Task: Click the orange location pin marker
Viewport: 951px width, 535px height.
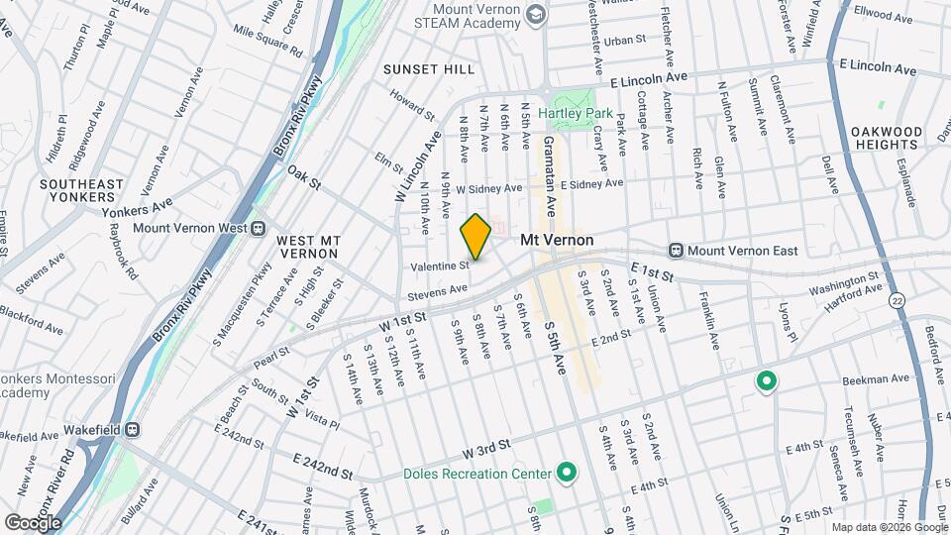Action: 476,237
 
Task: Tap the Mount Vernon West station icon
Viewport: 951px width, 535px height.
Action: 258,228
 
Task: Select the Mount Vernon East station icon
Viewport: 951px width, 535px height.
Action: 677,251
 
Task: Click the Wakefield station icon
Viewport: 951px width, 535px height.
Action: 133,430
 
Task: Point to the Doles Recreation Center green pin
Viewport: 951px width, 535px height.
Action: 567,473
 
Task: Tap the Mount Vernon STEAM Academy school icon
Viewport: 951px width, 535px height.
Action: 537,14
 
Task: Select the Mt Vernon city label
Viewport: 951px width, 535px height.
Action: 557,240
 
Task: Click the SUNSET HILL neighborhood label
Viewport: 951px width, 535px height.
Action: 430,69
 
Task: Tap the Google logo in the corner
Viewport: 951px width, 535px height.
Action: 32,522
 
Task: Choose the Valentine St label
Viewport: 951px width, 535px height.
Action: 440,266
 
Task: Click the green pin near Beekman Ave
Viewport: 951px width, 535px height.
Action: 766,380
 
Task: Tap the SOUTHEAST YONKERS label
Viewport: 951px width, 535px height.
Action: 82,190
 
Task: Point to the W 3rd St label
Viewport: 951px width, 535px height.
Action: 485,451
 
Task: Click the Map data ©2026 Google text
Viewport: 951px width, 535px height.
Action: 887,526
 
